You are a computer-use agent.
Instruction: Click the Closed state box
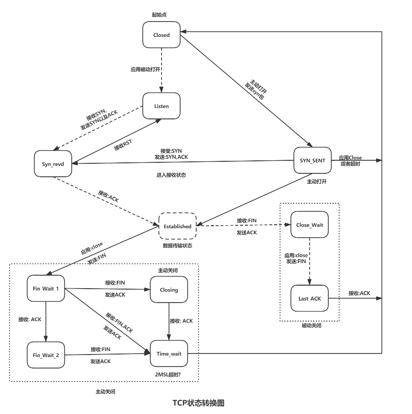coord(161,35)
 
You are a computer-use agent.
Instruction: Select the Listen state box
coord(161,106)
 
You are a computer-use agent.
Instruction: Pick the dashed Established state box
coord(178,226)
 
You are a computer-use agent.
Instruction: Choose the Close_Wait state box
coord(309,225)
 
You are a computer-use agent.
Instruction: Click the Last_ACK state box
coord(309,298)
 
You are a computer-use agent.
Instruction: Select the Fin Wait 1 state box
coord(46,289)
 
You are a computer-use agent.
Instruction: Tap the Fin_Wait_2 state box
coord(46,355)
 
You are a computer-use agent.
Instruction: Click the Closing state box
coord(169,290)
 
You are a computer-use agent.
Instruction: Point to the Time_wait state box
coord(169,354)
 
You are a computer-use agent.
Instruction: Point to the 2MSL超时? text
coord(168,374)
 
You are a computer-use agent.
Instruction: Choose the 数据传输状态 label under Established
coord(177,246)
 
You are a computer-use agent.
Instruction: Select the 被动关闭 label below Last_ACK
coord(311,326)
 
